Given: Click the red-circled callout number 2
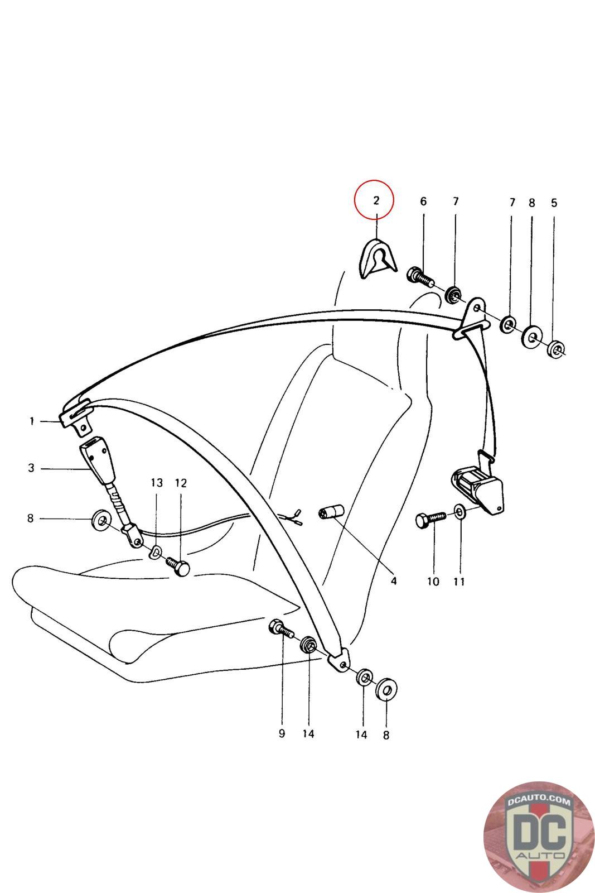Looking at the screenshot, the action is pos(375,200).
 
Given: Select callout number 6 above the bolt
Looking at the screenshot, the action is pos(423,201).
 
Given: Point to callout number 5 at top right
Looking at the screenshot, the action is pos(554,203).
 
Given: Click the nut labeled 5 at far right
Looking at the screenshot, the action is pos(555,350).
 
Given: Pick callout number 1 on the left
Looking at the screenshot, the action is pos(32,421).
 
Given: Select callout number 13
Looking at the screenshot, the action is pos(157,482).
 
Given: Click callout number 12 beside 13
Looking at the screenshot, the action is pos(181,483).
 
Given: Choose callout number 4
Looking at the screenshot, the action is pos(393,581).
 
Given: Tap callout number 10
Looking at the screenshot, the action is pos(433,582).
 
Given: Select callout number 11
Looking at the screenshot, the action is pos(459,582).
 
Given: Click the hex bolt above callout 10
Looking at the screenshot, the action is pos(430,520).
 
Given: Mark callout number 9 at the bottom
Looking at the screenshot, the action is pos(282,733).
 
